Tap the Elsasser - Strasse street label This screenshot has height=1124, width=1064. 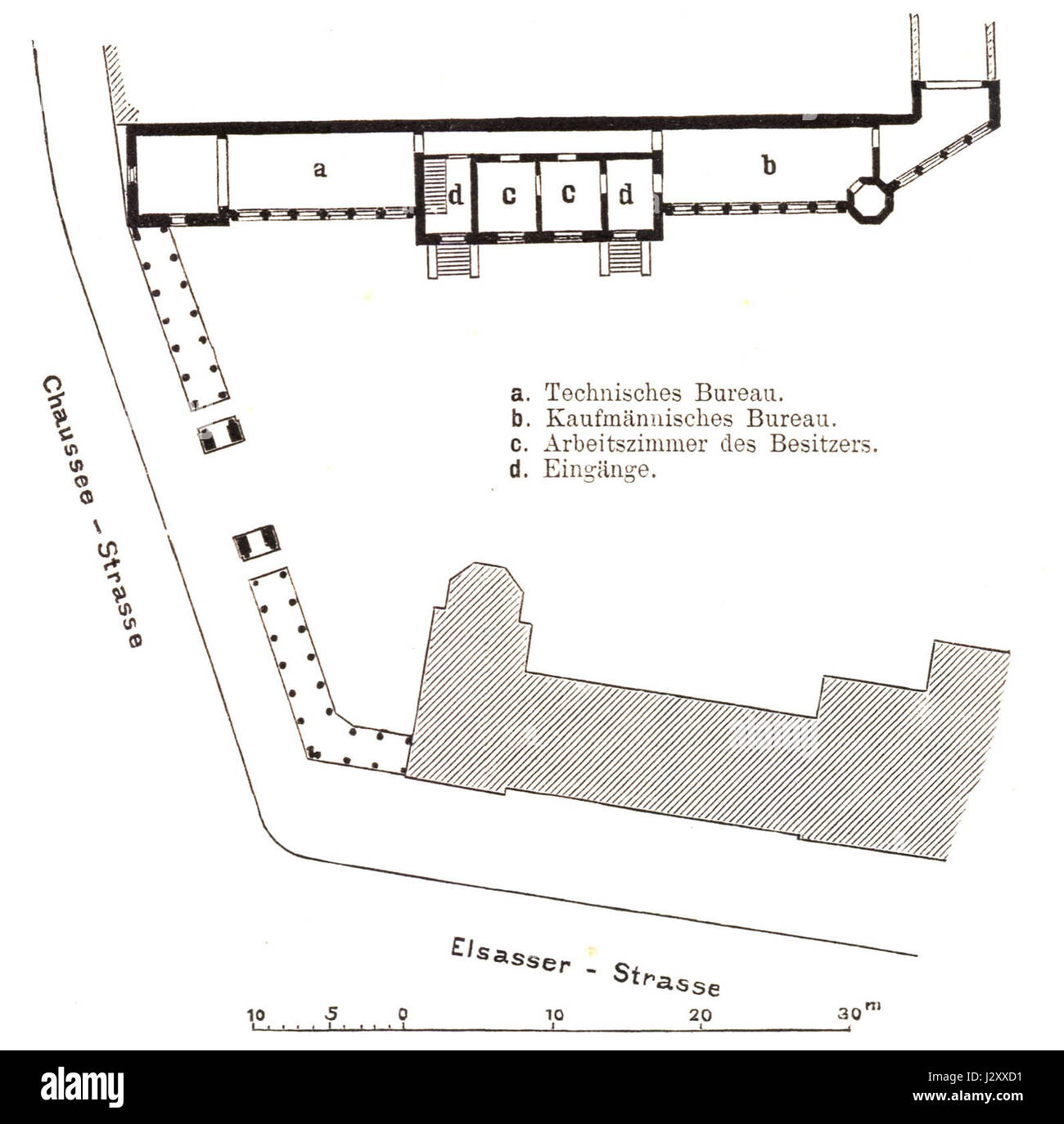[x=584, y=968]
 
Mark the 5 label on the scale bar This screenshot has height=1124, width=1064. [x=331, y=1015]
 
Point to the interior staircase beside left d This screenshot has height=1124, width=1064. [x=435, y=185]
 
